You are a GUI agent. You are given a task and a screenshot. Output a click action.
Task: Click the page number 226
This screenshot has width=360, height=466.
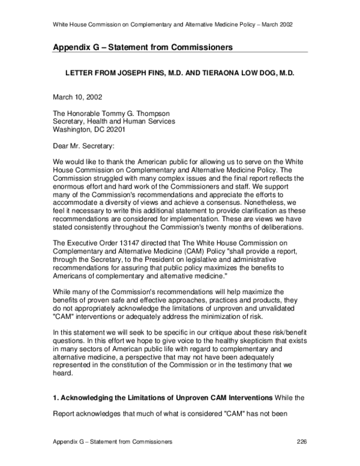pos(302,441)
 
